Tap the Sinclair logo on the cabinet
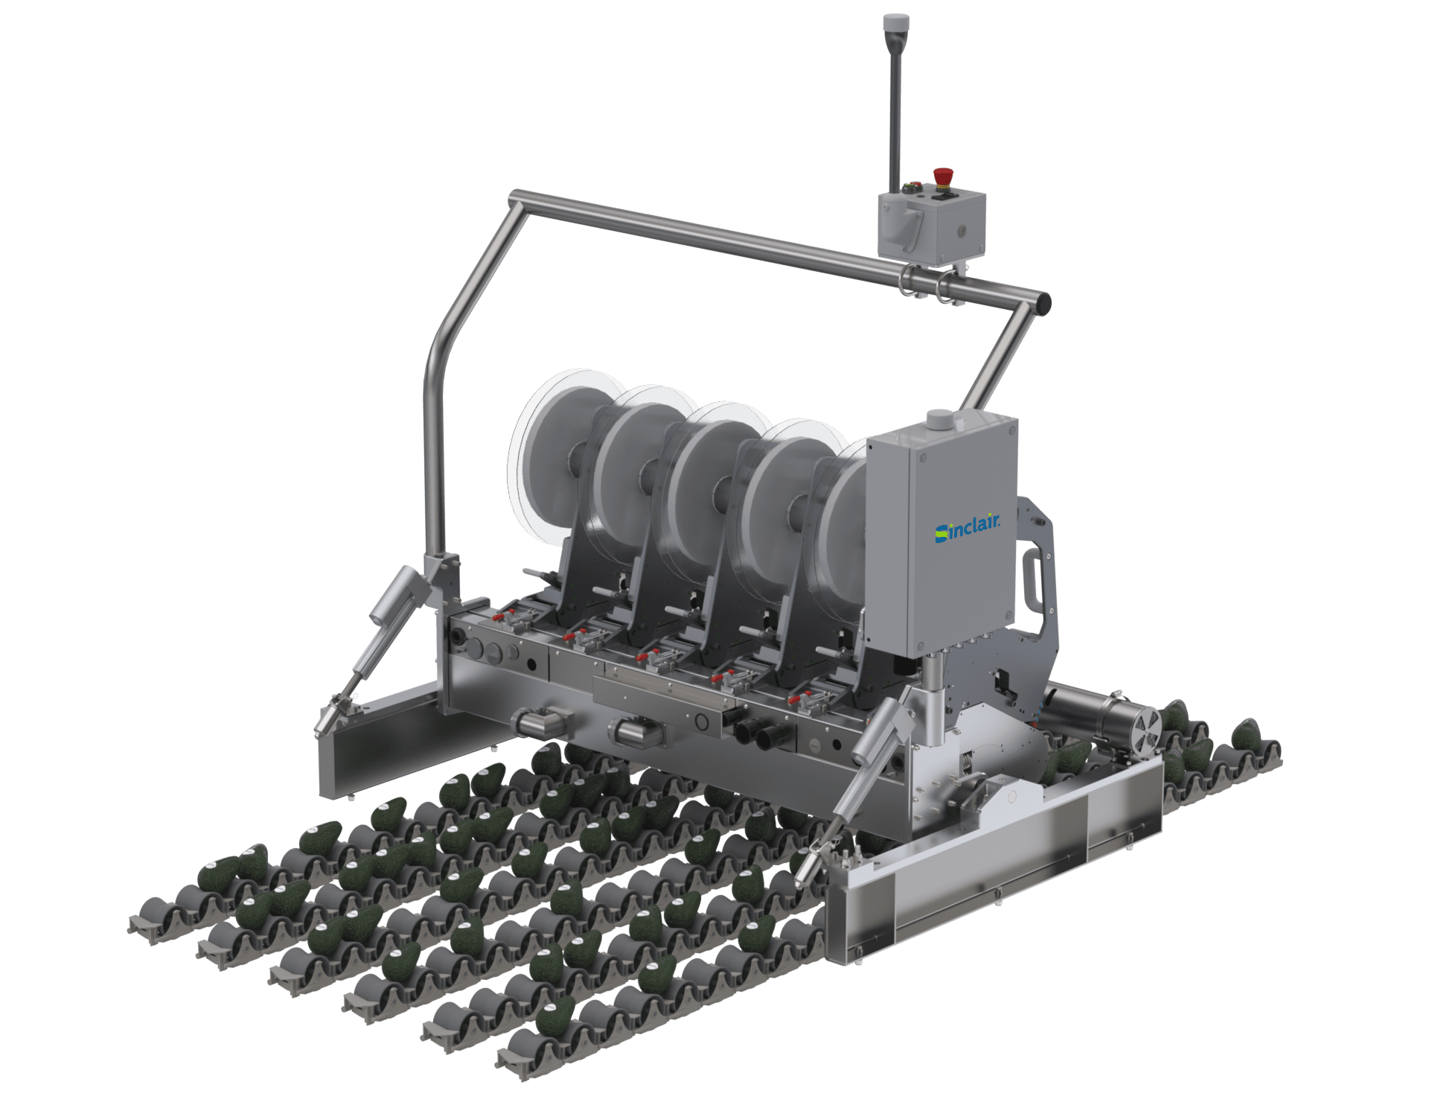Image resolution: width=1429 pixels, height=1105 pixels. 968,527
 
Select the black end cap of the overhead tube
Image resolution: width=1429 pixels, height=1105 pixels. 1044,303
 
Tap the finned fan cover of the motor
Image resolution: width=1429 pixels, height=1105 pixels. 1147,725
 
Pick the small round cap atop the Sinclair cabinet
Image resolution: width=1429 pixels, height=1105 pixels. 939,419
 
